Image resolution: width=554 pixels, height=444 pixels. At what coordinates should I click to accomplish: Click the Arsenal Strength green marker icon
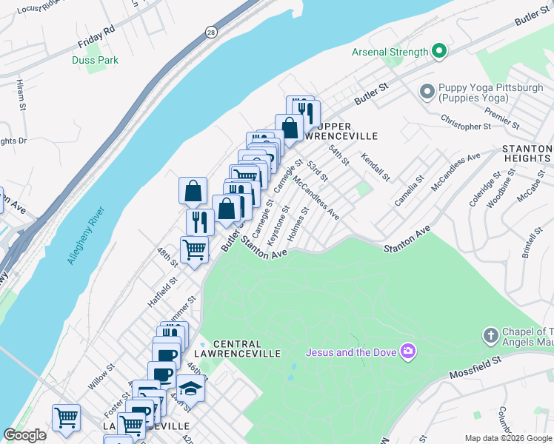tap(439, 52)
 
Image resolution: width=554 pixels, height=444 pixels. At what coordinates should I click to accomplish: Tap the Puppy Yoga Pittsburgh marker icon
tap(427, 92)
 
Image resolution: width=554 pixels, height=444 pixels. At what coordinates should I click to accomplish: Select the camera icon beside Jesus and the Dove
tap(407, 349)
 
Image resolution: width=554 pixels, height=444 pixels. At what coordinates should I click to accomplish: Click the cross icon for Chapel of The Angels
tap(490, 336)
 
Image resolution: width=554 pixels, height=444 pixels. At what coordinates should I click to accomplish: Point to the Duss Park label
tap(92, 60)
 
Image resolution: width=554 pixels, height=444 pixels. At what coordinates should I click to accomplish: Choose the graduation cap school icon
tap(190, 387)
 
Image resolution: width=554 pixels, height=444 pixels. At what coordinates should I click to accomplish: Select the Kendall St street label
tap(376, 167)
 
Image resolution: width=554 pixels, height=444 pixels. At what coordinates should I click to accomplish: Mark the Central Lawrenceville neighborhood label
tap(247, 349)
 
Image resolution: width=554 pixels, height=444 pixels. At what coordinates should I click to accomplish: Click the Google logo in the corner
tap(24, 435)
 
